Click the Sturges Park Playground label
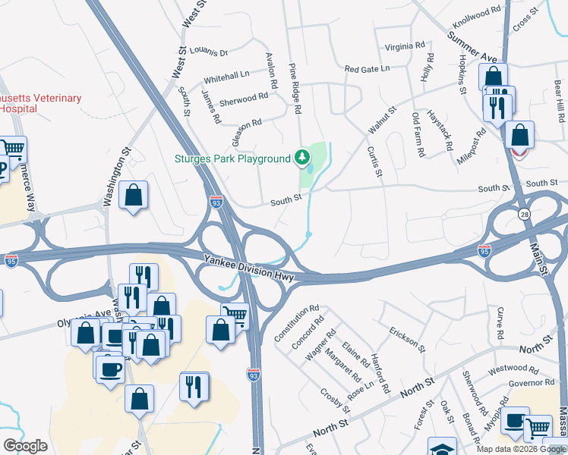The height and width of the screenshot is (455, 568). (x=232, y=158)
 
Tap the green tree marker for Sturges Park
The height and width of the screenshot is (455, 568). (x=303, y=158)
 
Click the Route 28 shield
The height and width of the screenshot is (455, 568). (x=524, y=215)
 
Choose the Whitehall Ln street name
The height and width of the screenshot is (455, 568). (x=226, y=77)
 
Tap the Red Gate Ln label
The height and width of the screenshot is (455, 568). (x=367, y=69)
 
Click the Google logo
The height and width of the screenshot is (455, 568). (x=25, y=446)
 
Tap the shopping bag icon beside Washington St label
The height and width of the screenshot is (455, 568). (x=134, y=196)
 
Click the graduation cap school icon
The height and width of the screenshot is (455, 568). (x=442, y=447)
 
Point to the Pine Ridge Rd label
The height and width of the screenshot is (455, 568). (x=295, y=89)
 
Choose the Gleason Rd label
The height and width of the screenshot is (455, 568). (x=246, y=129)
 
